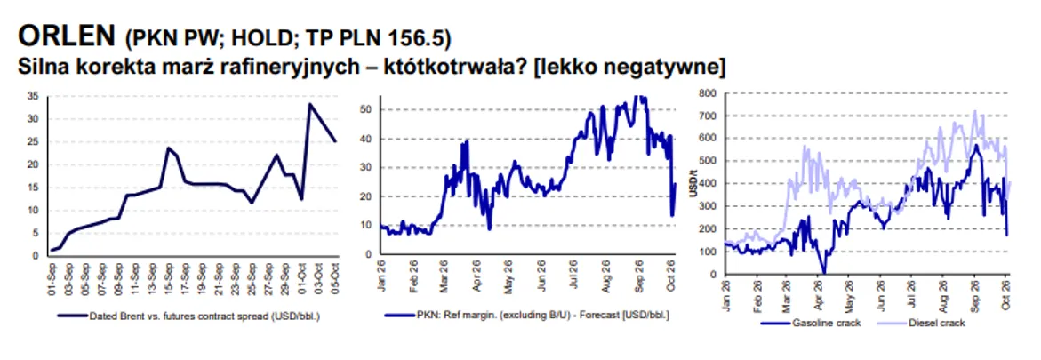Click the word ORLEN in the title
click(67, 36)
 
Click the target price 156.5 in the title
click(422, 38)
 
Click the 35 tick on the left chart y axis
click(33, 96)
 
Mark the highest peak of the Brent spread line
click(310, 104)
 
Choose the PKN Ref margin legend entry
click(527, 316)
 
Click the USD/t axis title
click(694, 184)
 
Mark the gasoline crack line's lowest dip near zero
click(824, 272)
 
